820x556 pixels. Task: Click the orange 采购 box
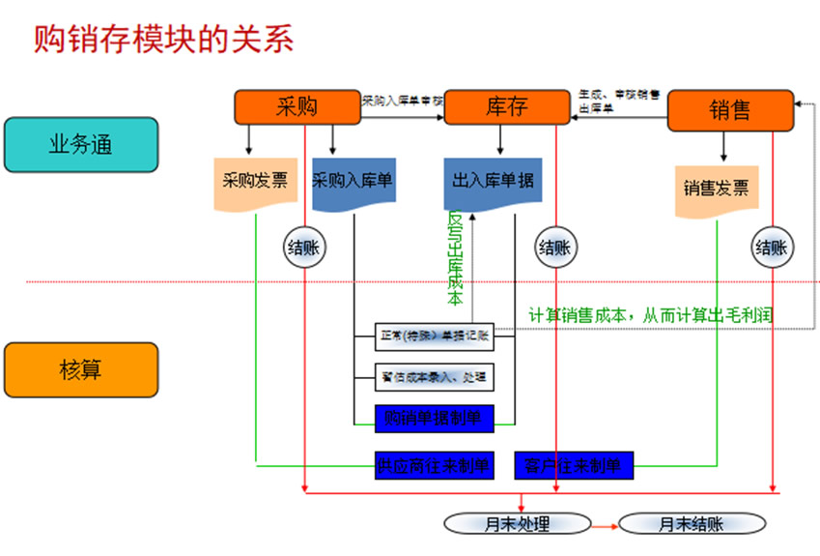(297, 107)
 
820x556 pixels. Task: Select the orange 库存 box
(506, 107)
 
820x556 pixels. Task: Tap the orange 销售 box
(729, 111)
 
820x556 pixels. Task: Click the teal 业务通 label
(80, 145)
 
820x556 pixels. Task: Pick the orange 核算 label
(80, 370)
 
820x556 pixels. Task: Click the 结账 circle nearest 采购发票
(303, 248)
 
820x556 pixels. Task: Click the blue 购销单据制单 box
(434, 418)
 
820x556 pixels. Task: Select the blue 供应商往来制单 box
(434, 466)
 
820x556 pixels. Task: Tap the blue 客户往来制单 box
(573, 466)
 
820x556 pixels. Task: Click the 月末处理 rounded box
(517, 524)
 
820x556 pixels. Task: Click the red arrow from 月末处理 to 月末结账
(604, 525)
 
